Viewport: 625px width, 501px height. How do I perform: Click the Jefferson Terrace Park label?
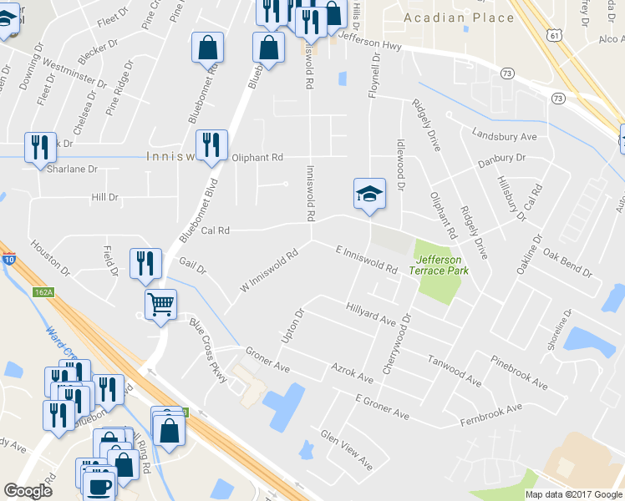[439, 265]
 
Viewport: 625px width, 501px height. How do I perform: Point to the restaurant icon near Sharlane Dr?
[40, 149]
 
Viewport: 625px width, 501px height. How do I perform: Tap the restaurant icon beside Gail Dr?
[145, 264]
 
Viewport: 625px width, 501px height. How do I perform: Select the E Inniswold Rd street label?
[366, 260]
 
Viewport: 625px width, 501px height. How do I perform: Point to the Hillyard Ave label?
[370, 314]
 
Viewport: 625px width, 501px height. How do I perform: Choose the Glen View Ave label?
[346, 449]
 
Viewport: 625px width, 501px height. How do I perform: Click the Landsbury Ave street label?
[504, 135]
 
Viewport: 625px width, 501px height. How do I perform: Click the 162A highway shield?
[45, 292]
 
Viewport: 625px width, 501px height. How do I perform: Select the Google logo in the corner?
[28, 491]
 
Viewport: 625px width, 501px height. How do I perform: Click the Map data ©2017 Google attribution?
[573, 494]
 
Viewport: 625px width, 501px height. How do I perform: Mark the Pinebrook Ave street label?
[519, 375]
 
